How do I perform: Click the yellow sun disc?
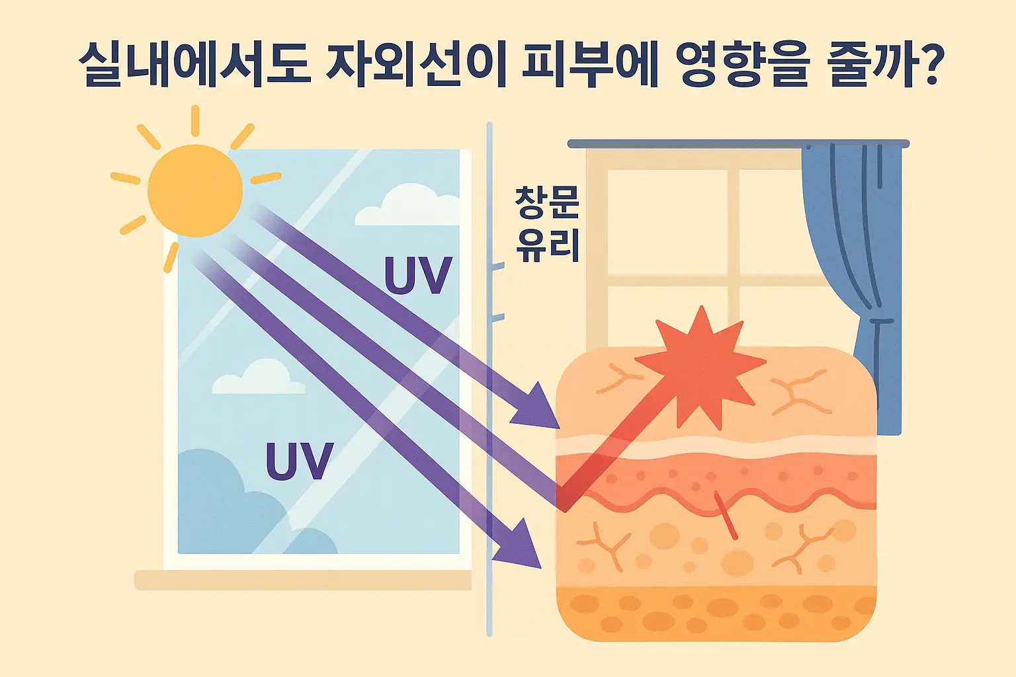click(195, 190)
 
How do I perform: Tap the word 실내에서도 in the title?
click(194, 65)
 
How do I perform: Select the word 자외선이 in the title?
click(416, 65)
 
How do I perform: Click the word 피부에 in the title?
click(591, 65)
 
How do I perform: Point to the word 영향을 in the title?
click(744, 65)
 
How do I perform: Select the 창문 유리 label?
click(547, 225)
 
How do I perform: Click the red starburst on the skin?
click(701, 368)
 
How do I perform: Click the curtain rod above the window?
click(738, 143)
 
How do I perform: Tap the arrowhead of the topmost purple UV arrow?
click(539, 407)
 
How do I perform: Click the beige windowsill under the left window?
click(302, 580)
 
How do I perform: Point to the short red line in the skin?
click(726, 515)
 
